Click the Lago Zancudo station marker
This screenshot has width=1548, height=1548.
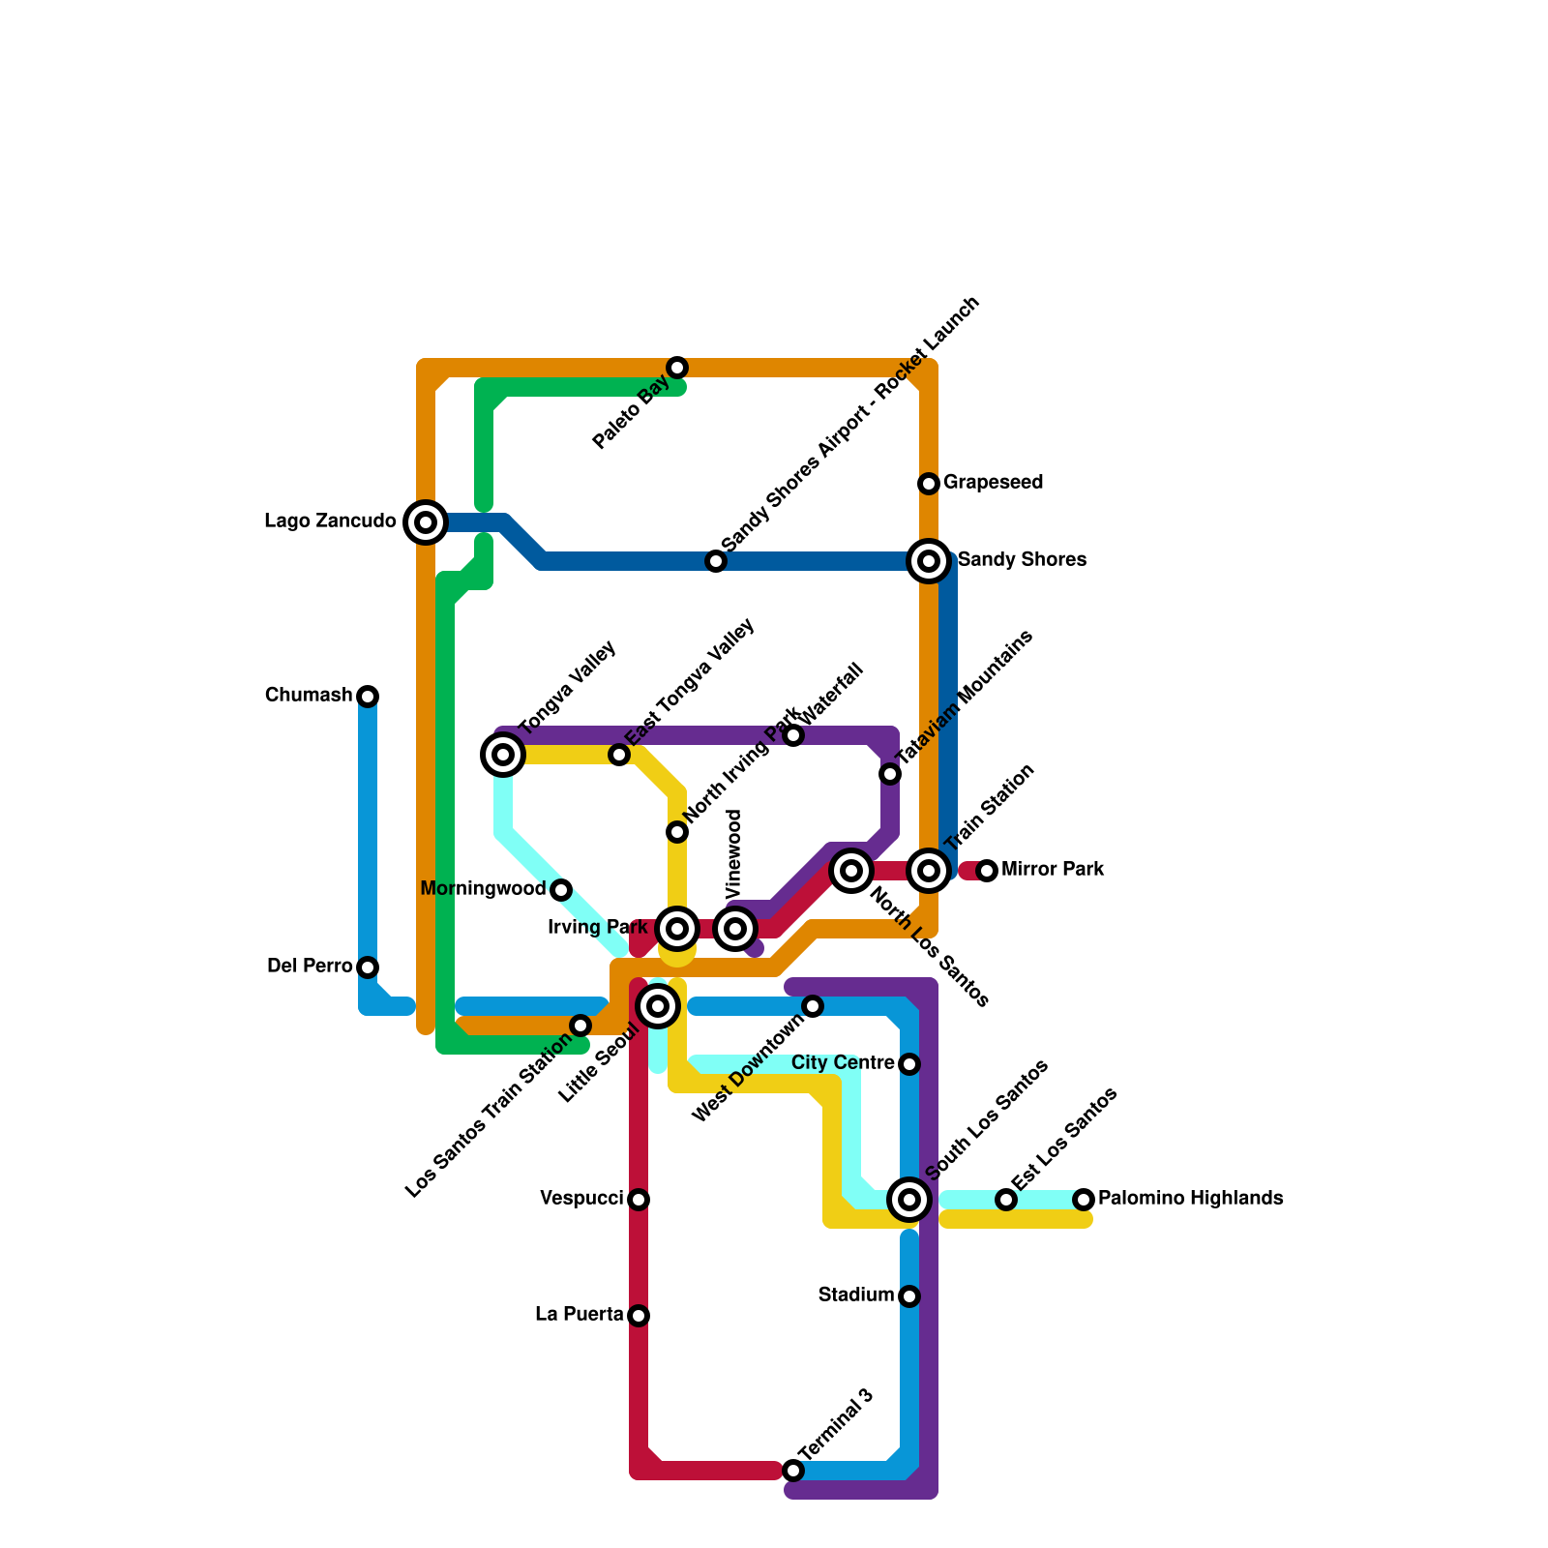pos(426,522)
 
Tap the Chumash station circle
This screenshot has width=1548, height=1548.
pos(368,697)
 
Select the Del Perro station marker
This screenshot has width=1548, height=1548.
pos(368,967)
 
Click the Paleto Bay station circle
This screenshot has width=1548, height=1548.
pos(677,368)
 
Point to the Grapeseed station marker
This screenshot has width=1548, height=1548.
pos(929,483)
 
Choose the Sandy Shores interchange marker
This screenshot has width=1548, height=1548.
pos(929,561)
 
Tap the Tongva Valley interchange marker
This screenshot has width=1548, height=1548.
pos(503,755)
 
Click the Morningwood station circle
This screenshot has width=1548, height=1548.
pos(561,890)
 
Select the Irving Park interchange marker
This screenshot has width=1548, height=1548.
pos(677,929)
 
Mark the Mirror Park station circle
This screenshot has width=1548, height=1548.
pos(987,871)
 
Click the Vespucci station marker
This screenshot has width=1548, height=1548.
pos(639,1200)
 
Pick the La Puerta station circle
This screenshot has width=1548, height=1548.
pos(639,1316)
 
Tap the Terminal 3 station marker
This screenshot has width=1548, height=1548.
pos(793,1471)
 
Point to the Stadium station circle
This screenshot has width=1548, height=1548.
pos(909,1296)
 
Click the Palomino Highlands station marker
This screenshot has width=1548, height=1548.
pos(1084,1200)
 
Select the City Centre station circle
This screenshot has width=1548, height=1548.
pos(909,1064)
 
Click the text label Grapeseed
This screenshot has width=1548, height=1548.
pos(993,483)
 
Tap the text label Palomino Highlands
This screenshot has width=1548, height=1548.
pos(1191,1199)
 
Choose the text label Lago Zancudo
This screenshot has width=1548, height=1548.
pos(330,522)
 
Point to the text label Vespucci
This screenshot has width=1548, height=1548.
pos(581,1200)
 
